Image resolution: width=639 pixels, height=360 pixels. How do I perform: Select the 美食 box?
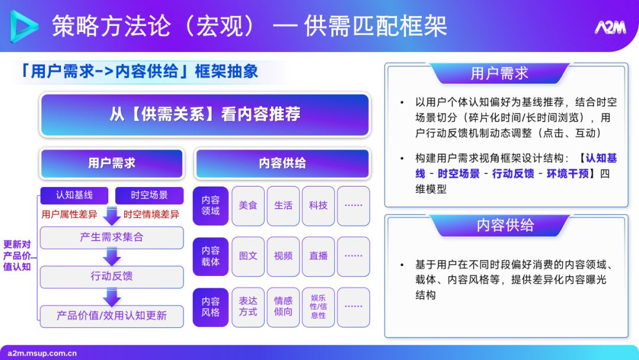[248, 205]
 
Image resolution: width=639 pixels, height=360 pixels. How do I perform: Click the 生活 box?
[283, 205]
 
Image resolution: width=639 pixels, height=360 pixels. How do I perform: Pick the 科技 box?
[318, 205]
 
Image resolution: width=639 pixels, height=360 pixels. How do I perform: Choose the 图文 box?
[248, 256]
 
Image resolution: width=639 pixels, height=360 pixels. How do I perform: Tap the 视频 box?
[283, 256]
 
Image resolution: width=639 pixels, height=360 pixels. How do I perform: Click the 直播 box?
[318, 256]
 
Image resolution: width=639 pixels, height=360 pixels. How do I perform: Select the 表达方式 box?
[248, 307]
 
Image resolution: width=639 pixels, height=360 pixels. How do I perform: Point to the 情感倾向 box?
[283, 307]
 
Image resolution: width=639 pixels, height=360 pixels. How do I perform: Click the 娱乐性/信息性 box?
[318, 307]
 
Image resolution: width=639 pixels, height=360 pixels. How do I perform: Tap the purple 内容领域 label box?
[211, 205]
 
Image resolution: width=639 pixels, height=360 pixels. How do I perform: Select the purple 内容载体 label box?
[211, 256]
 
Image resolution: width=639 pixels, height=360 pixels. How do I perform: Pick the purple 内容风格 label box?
[211, 307]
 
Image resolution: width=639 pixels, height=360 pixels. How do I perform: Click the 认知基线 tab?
[74, 195]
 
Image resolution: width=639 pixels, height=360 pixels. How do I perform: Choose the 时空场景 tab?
[149, 195]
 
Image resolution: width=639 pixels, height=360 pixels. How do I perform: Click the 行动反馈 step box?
[112, 277]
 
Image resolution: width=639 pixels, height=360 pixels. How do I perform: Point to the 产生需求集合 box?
[112, 237]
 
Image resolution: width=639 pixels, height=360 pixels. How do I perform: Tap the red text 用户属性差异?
[69, 214]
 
